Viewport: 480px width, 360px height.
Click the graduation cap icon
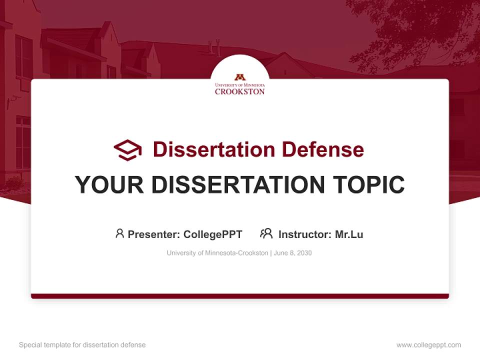pyautogui.click(x=127, y=150)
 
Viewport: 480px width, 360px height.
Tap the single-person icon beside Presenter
pyautogui.click(x=119, y=233)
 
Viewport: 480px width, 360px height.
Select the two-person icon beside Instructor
pyautogui.click(x=266, y=233)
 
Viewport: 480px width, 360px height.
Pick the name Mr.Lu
pyautogui.click(x=349, y=234)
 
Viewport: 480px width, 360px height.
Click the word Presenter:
pyautogui.click(x=154, y=234)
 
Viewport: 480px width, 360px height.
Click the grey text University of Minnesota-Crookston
pyautogui.click(x=217, y=253)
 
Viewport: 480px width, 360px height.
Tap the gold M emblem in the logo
pyautogui.click(x=240, y=77)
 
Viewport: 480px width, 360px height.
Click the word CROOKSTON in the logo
pyautogui.click(x=240, y=91)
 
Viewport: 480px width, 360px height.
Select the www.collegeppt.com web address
pyautogui.click(x=428, y=345)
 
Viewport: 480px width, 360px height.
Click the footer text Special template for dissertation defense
pyautogui.click(x=82, y=345)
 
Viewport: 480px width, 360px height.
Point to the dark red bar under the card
pyautogui.click(x=240, y=296)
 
